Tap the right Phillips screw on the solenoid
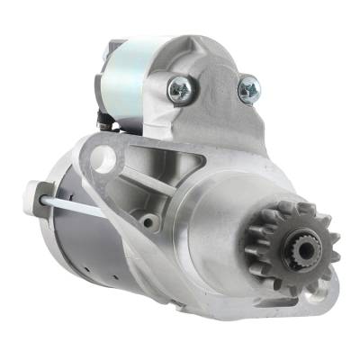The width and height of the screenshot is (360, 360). (248, 88)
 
